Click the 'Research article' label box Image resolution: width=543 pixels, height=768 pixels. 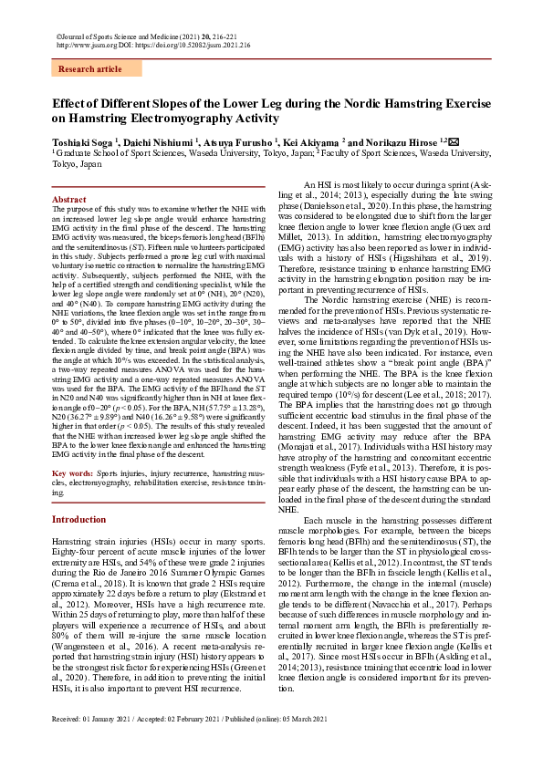click(89, 69)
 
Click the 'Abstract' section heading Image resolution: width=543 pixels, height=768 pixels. click(69, 199)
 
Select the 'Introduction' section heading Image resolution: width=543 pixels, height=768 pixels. click(78, 519)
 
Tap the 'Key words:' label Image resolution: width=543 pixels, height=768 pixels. click(72, 475)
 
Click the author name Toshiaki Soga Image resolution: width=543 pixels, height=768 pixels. click(86, 142)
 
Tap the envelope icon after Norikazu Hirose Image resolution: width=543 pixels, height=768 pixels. click(454, 141)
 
